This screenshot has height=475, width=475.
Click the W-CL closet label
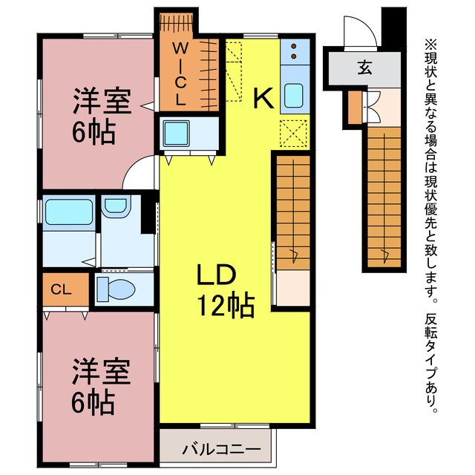180,73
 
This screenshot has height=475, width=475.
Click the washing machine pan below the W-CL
179,133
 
